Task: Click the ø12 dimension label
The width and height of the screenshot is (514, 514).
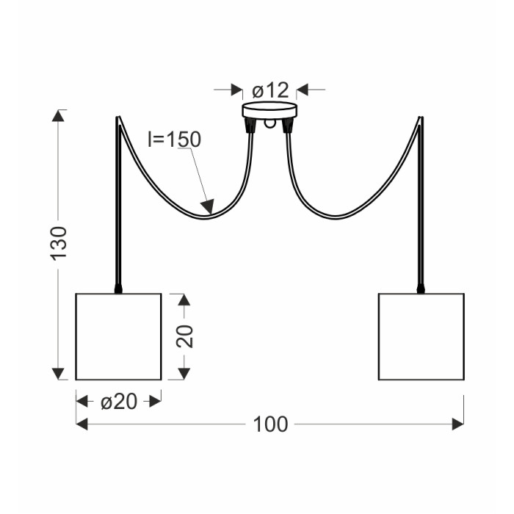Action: click(x=270, y=90)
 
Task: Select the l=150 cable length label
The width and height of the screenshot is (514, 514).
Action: click(x=175, y=140)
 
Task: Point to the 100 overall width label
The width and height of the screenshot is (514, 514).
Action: click(x=270, y=424)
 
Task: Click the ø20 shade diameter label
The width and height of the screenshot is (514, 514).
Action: click(x=119, y=402)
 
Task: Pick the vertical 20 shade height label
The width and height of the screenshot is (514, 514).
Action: click(x=184, y=336)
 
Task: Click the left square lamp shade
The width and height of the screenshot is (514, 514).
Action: click(x=118, y=336)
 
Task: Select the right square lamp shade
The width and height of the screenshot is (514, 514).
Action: click(x=421, y=336)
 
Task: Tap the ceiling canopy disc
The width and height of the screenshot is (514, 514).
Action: click(x=269, y=110)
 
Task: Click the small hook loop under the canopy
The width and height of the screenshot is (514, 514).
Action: click(x=269, y=123)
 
